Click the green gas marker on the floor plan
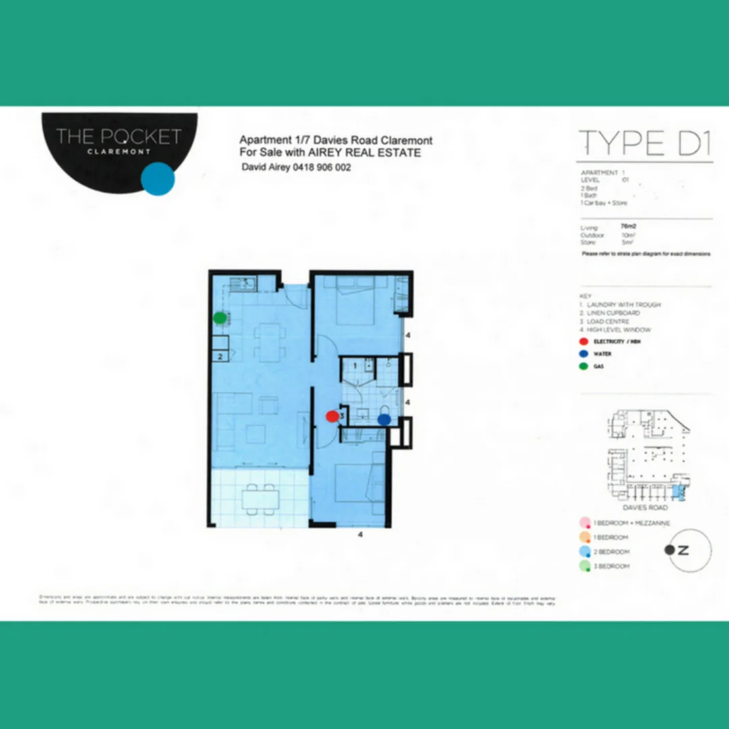tap(219, 317)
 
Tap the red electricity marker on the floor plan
tap(331, 416)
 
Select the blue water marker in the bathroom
tap(384, 419)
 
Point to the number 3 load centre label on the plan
tap(342, 416)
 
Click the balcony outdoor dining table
tap(262, 498)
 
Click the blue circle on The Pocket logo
tap(159, 179)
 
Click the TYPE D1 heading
tap(645, 143)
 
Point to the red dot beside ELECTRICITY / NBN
tap(583, 342)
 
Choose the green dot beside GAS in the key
tap(583, 366)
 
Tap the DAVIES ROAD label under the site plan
tap(646, 508)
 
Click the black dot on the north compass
tap(669, 549)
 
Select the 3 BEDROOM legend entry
tap(611, 566)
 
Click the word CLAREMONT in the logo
tap(119, 151)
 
